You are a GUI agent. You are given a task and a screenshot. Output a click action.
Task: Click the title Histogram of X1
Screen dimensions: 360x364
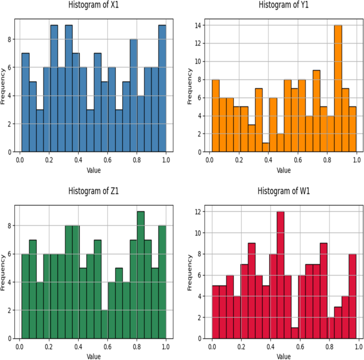click(x=93, y=5)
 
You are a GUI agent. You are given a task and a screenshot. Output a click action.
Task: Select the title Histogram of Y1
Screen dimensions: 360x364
click(x=283, y=5)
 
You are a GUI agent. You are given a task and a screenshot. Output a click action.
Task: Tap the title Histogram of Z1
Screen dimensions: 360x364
click(x=93, y=191)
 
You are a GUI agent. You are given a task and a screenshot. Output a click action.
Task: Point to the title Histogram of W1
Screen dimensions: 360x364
click(x=283, y=191)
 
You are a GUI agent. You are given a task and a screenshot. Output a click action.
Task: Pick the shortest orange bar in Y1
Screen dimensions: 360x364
click(x=266, y=147)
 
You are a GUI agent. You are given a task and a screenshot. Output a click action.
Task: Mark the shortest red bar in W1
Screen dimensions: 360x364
click(x=295, y=333)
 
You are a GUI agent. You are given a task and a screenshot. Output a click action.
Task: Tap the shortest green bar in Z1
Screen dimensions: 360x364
click(x=104, y=324)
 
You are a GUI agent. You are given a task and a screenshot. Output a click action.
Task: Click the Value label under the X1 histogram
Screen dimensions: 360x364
click(x=93, y=170)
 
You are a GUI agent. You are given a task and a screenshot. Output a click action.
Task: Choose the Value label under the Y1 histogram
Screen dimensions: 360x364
click(x=283, y=170)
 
